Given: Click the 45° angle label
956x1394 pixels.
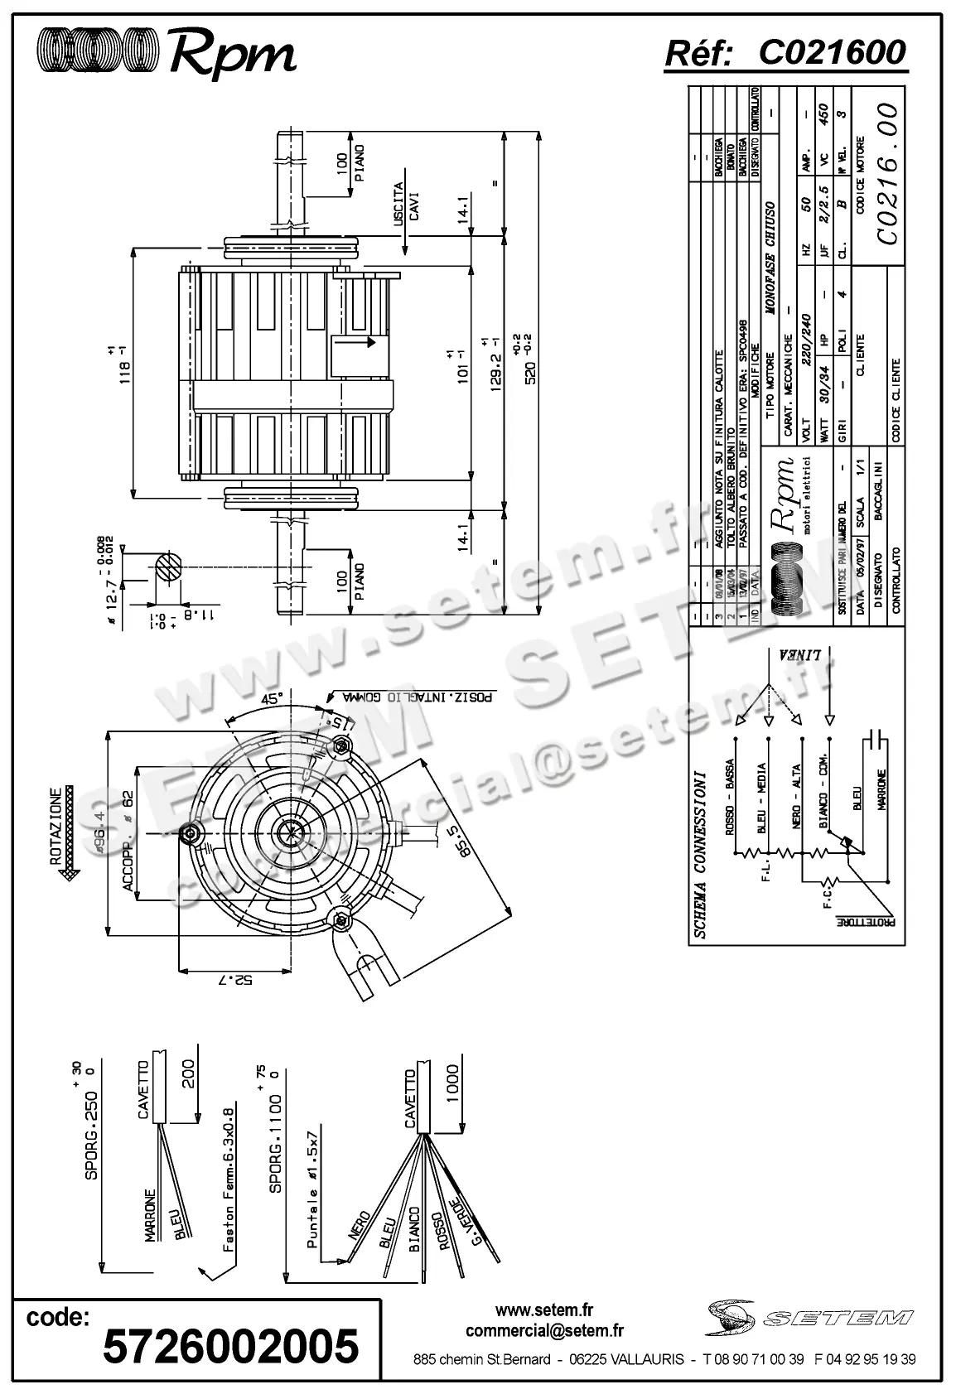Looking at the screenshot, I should click(x=272, y=698).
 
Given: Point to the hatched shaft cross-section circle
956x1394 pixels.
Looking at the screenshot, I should click(x=168, y=569).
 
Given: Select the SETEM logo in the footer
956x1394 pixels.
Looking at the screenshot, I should click(x=812, y=1316).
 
